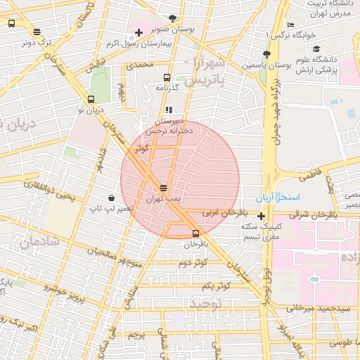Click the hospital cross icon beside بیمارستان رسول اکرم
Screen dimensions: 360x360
pos(139,32)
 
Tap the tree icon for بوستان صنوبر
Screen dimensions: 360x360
pos(173,19)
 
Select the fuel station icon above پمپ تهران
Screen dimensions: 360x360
pos(164,188)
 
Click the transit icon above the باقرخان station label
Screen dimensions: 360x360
pos(195,234)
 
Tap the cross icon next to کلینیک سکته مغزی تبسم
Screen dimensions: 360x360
pos(262,216)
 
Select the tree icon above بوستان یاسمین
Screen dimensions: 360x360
pos(266,54)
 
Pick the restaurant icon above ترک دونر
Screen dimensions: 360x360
pos(37,32)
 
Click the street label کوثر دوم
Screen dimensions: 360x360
pos(193,263)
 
